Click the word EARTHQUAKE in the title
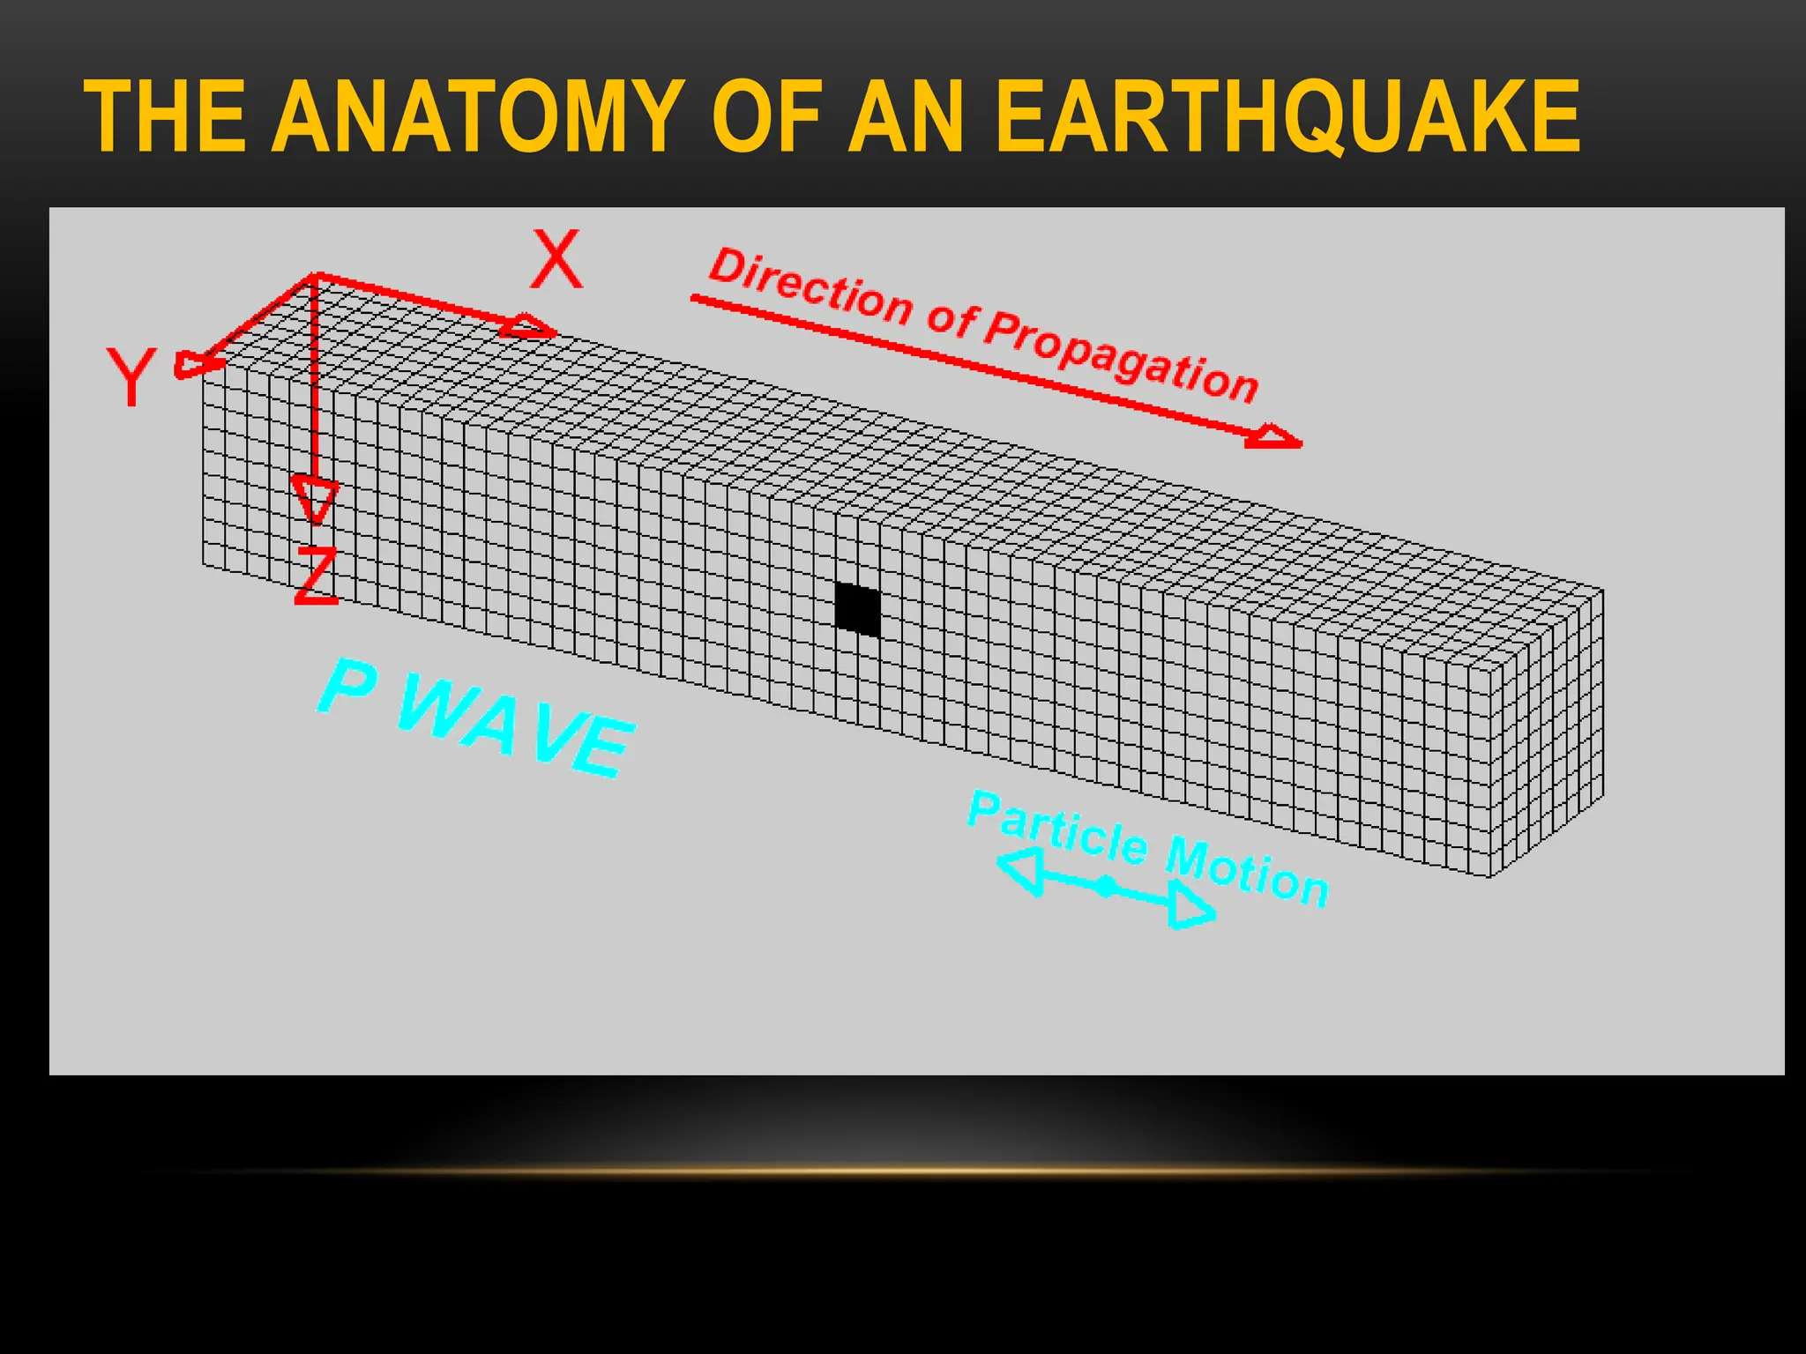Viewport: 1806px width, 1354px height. tap(1287, 117)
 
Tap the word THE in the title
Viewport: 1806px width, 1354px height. tap(165, 117)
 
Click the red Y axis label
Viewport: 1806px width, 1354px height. tap(131, 376)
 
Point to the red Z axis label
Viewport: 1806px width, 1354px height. tap(316, 576)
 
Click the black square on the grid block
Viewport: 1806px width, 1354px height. tap(857, 609)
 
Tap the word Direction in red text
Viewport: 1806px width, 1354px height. tap(811, 286)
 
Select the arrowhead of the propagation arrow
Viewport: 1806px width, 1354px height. tap(1275, 437)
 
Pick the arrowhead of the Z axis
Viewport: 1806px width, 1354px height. tap(314, 500)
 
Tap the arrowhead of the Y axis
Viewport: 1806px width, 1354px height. tap(195, 364)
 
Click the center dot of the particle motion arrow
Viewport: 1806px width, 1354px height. tap(1106, 886)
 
